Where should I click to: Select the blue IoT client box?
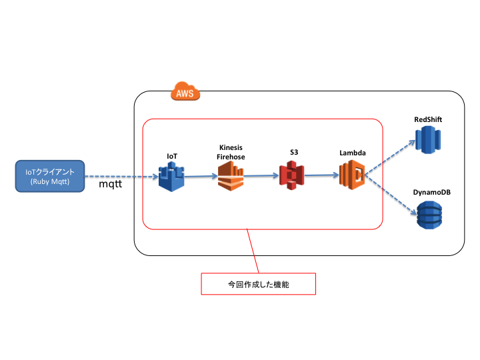(x=51, y=177)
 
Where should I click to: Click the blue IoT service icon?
(x=171, y=177)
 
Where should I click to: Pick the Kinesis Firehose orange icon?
(x=231, y=177)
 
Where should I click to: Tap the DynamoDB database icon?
(x=429, y=215)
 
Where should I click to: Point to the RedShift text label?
(x=429, y=119)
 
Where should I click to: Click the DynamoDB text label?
(x=431, y=192)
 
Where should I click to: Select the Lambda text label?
(x=352, y=153)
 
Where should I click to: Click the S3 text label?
(x=293, y=153)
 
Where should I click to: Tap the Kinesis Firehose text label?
(x=231, y=151)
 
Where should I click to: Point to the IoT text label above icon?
(x=171, y=155)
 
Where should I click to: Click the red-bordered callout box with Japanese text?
(x=258, y=283)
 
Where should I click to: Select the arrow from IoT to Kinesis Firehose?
(x=201, y=177)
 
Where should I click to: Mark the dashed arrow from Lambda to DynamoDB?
(x=391, y=194)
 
